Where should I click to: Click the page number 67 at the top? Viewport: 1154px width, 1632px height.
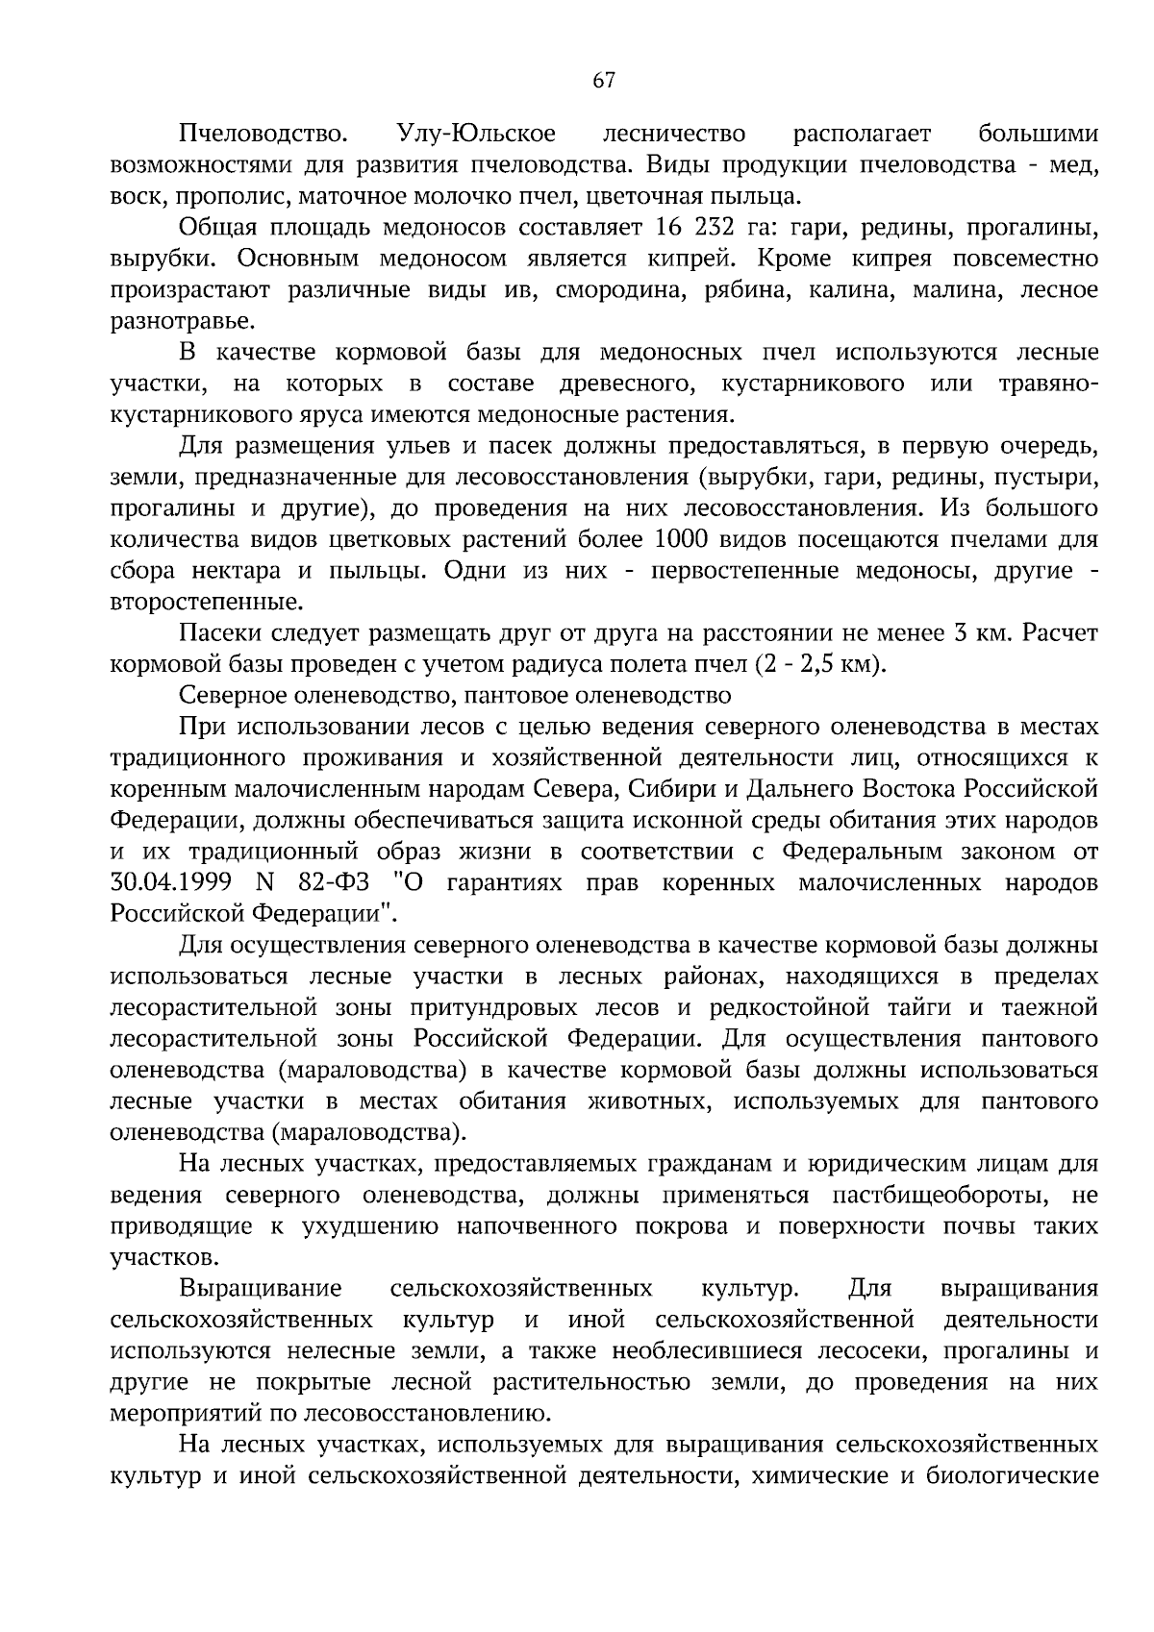(x=603, y=81)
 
